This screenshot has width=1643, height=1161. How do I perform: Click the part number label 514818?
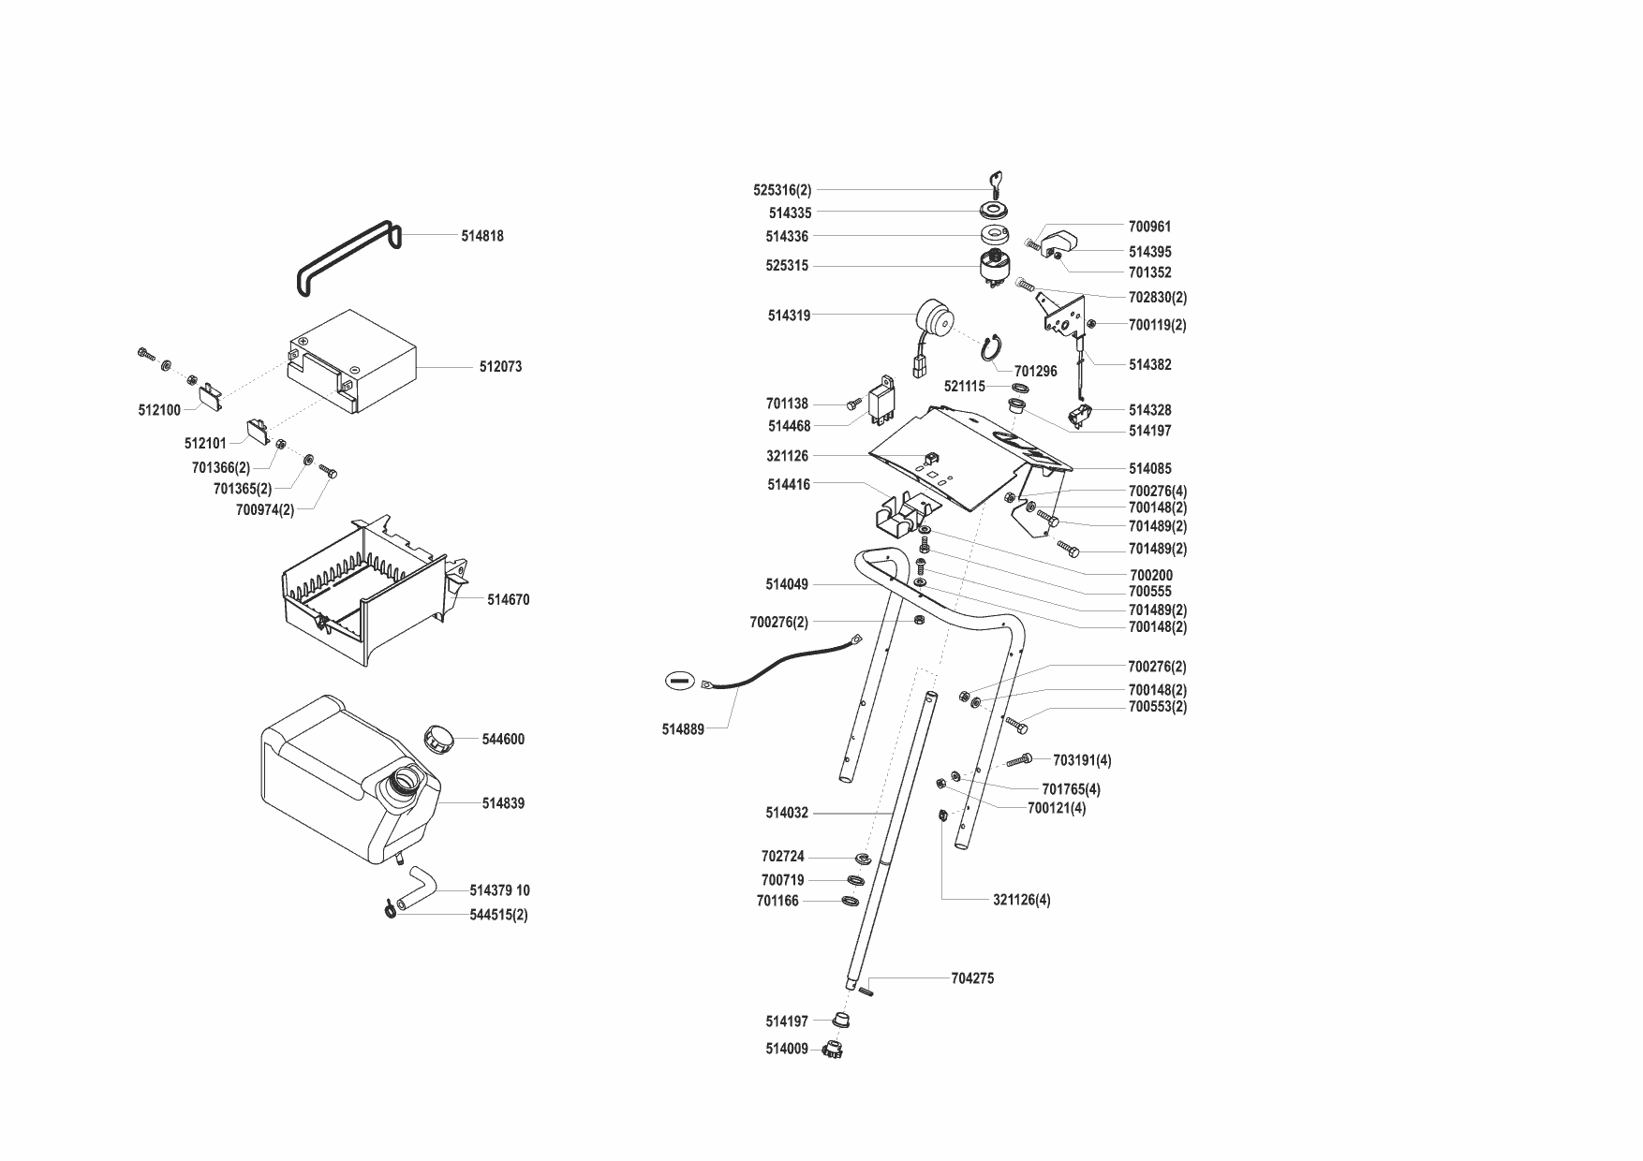pos(481,236)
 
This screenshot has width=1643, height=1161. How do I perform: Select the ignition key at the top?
pos(998,182)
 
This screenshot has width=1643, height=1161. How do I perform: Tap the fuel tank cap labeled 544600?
pos(438,738)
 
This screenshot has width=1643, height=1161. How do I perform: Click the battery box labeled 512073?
pos(351,360)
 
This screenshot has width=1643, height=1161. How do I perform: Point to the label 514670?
pos(508,599)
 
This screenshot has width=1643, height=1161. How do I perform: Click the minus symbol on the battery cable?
pos(680,681)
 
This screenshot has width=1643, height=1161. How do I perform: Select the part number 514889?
pos(683,729)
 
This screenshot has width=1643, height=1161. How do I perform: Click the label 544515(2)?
pos(498,915)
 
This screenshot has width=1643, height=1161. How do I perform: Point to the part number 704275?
pos(972,978)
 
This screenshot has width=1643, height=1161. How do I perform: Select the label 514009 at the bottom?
pos(786,1050)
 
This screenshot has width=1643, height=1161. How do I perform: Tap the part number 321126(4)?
pos(1021,900)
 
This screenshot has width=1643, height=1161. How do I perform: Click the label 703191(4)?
pos(1082,760)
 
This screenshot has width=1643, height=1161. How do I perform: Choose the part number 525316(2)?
pos(782,190)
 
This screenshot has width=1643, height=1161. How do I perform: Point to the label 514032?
pos(786,814)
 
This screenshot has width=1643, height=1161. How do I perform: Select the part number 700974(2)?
pos(265,510)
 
